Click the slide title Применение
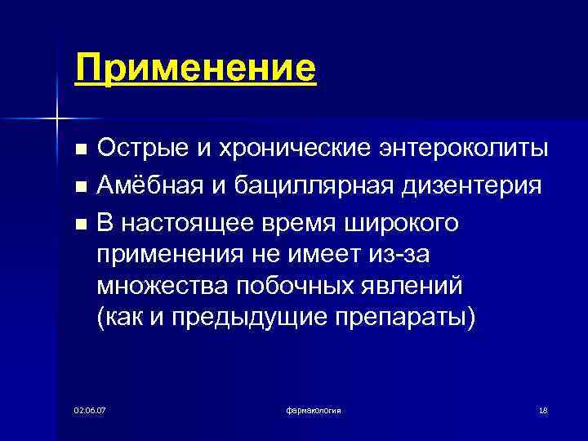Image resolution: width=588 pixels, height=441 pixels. click(194, 68)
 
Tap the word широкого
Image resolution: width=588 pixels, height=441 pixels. click(416, 222)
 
